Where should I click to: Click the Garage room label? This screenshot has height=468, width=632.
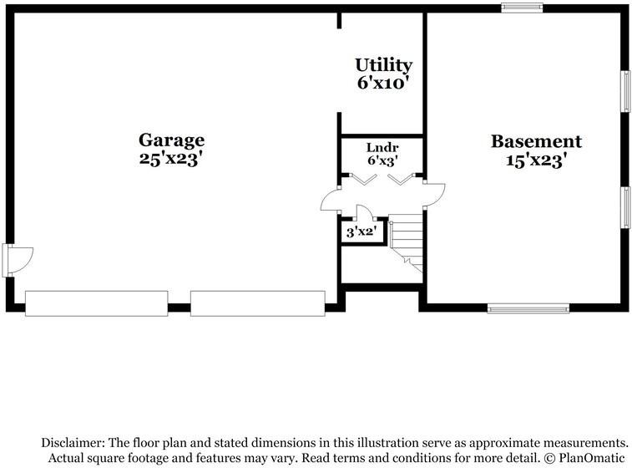[171, 140]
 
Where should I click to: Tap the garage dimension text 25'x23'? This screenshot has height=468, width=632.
[171, 159]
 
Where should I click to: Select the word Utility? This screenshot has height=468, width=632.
[383, 65]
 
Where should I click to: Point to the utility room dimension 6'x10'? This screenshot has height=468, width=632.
[383, 83]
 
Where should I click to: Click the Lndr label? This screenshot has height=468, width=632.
[382, 147]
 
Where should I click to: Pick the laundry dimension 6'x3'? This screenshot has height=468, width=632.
[382, 160]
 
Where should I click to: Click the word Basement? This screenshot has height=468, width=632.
[536, 141]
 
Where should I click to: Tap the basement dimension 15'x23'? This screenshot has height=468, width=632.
[536, 160]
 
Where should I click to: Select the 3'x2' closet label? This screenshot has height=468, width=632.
[362, 231]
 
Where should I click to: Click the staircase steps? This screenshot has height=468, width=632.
[407, 242]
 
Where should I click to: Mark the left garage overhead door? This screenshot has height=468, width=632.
[96, 303]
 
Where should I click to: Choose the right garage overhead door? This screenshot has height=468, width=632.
[257, 303]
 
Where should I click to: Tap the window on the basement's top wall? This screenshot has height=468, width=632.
[522, 8]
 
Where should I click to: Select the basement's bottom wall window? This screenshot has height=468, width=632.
[528, 308]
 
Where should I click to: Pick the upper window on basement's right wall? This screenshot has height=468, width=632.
[624, 90]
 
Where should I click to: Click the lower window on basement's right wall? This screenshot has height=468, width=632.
[624, 206]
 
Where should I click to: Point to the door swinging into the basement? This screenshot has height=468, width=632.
[434, 195]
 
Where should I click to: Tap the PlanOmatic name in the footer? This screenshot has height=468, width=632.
[589, 458]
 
